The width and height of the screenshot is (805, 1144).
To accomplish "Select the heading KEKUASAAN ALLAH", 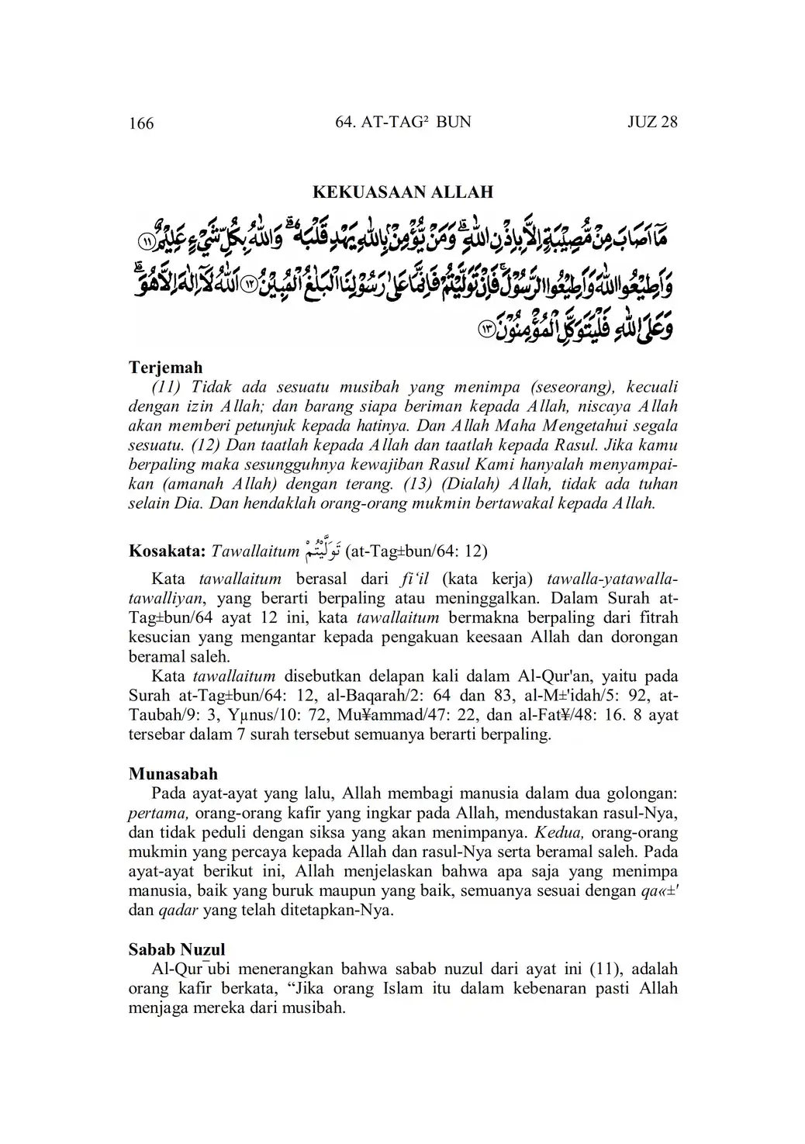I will (402, 192).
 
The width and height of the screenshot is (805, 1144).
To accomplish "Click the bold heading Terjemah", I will (165, 368).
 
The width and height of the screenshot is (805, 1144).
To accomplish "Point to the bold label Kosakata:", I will (167, 551).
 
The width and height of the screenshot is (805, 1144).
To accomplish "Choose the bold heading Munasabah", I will (173, 773).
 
